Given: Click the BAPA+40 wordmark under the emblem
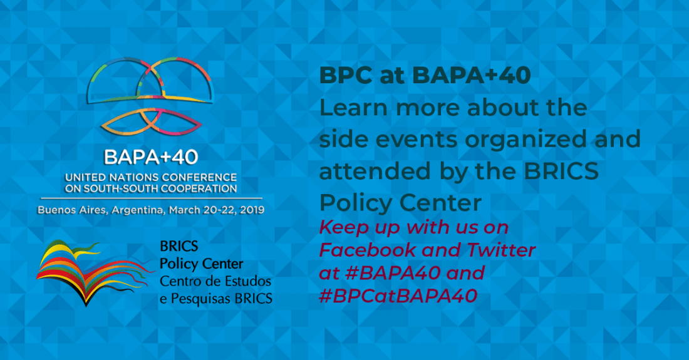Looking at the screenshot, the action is pyautogui.click(x=151, y=157).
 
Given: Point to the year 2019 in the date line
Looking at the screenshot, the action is pyautogui.click(x=252, y=210).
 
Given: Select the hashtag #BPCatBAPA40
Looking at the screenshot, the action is pyautogui.click(x=398, y=296).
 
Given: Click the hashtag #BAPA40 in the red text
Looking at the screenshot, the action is pyautogui.click(x=393, y=273).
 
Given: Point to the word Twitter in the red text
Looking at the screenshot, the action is pyautogui.click(x=501, y=250).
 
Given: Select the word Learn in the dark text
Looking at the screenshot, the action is pyautogui.click(x=354, y=108).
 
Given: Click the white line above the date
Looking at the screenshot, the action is pyautogui.click(x=152, y=198).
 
